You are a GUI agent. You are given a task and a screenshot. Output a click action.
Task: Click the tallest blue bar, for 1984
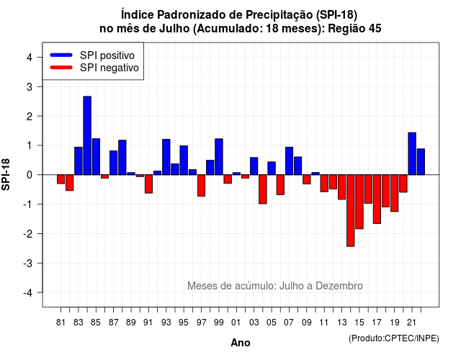coord(87,135)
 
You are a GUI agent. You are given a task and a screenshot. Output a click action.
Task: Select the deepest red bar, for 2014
coord(351,210)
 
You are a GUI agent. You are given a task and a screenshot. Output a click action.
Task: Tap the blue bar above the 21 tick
coord(412,153)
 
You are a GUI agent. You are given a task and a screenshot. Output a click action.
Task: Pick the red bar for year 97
coord(201,186)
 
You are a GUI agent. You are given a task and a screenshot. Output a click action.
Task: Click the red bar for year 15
coord(359,202)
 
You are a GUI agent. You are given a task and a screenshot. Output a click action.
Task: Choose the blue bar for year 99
coord(219,157)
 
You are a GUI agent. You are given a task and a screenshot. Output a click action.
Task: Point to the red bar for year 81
coord(61,179)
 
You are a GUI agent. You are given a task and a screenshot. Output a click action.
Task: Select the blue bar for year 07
coord(289,161)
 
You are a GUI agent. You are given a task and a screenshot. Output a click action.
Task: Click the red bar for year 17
coord(377,199)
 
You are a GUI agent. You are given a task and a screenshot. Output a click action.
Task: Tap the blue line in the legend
coord(61,55)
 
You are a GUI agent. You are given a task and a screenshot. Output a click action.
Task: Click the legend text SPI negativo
coord(109,68)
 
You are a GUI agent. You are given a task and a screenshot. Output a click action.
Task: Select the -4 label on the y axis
coord(29,293)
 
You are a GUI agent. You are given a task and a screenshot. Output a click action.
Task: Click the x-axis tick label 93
coord(166,323)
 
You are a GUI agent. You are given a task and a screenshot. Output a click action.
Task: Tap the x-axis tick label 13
coord(341,323)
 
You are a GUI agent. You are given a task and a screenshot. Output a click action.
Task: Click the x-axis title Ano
coord(241,343)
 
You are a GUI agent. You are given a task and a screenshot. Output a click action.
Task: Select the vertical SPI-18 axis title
coord(6,174)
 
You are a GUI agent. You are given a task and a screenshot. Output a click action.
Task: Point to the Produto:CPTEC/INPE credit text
coord(394,338)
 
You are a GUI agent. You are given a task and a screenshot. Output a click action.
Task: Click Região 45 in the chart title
coord(354,29)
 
